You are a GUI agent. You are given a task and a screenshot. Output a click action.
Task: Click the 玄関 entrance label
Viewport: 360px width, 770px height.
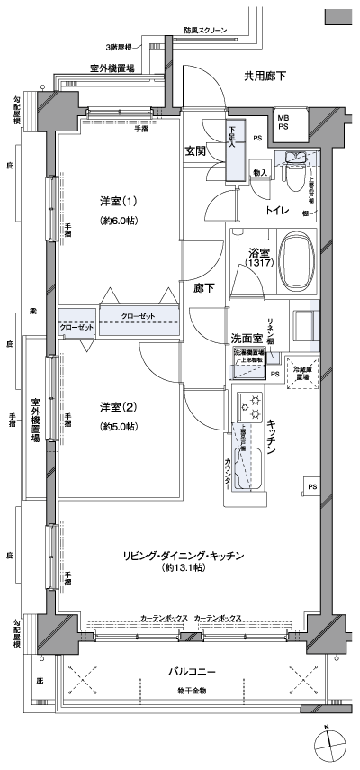(x=197, y=151)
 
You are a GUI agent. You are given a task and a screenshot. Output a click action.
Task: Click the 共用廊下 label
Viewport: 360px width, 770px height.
(x=265, y=76)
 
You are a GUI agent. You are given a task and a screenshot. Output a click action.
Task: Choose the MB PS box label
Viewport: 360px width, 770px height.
(x=283, y=122)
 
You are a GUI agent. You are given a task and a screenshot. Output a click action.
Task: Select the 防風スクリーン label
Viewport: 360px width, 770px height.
(x=206, y=30)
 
